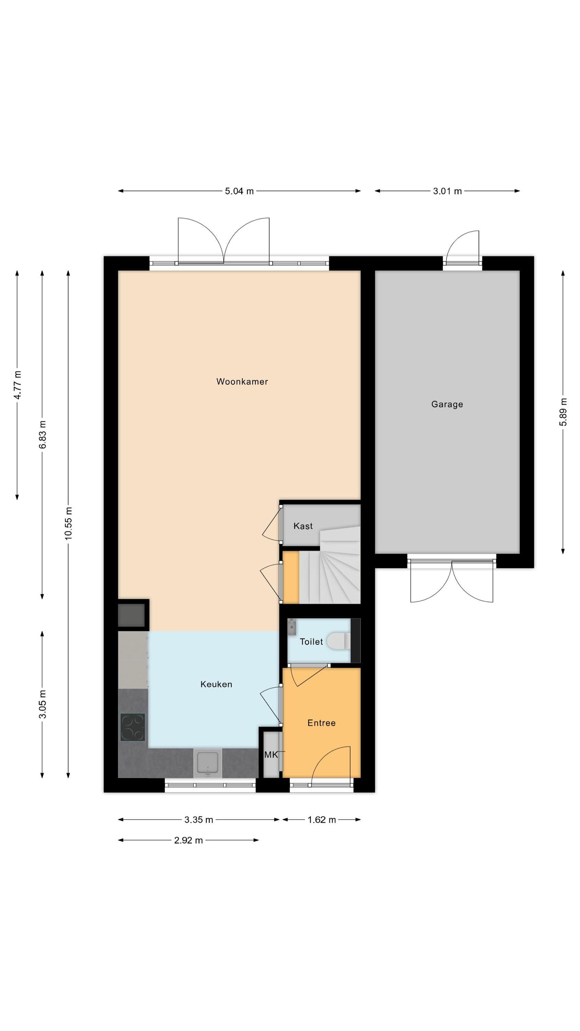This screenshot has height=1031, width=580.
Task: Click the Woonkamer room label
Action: (242, 381)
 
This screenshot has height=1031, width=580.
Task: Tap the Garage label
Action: (447, 404)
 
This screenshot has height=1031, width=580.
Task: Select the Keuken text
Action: (216, 684)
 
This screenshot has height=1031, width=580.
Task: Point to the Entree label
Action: (321, 722)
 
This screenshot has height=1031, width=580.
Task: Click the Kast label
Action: (303, 526)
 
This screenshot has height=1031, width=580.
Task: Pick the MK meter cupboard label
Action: (271, 754)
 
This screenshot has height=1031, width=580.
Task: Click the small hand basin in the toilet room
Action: (291, 628)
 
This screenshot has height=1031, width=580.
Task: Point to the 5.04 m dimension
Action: (239, 191)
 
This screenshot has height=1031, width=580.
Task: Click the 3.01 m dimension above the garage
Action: (447, 191)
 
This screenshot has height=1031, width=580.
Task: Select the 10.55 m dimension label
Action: (68, 523)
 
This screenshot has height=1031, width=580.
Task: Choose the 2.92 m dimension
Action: (188, 840)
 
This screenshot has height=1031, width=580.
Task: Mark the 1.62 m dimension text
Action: (321, 820)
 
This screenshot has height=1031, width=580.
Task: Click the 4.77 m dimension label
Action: (17, 385)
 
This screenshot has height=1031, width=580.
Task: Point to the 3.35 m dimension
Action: (199, 820)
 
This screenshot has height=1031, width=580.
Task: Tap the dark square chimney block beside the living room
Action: (131, 615)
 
